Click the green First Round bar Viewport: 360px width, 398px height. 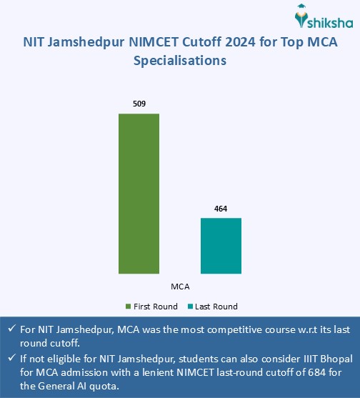(x=139, y=193)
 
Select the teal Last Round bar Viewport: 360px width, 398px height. (x=221, y=245)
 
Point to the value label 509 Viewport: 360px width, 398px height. (x=139, y=104)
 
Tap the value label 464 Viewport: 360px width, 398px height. (x=221, y=209)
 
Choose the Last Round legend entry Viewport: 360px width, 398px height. (x=216, y=307)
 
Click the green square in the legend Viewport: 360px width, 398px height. (x=129, y=307)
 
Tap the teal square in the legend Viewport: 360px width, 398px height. (x=190, y=307)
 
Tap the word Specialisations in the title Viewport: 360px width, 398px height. (x=180, y=61)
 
